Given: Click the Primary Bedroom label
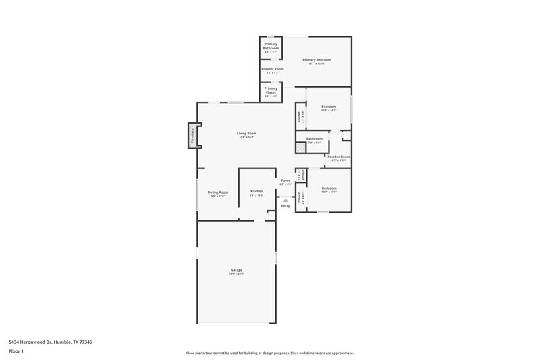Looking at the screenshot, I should [317, 60].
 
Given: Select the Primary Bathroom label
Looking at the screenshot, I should [271, 46].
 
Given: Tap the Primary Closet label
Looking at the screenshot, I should [271, 91].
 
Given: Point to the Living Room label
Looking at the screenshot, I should [246, 134].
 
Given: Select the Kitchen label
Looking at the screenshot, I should [256, 192].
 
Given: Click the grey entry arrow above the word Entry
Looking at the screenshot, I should [286, 199].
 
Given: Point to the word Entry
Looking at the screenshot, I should [286, 206].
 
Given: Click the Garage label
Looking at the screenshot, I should [236, 270].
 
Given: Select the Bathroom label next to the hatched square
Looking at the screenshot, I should [315, 139].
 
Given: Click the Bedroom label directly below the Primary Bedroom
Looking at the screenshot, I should [329, 107].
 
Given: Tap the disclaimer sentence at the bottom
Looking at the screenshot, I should [269, 353].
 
